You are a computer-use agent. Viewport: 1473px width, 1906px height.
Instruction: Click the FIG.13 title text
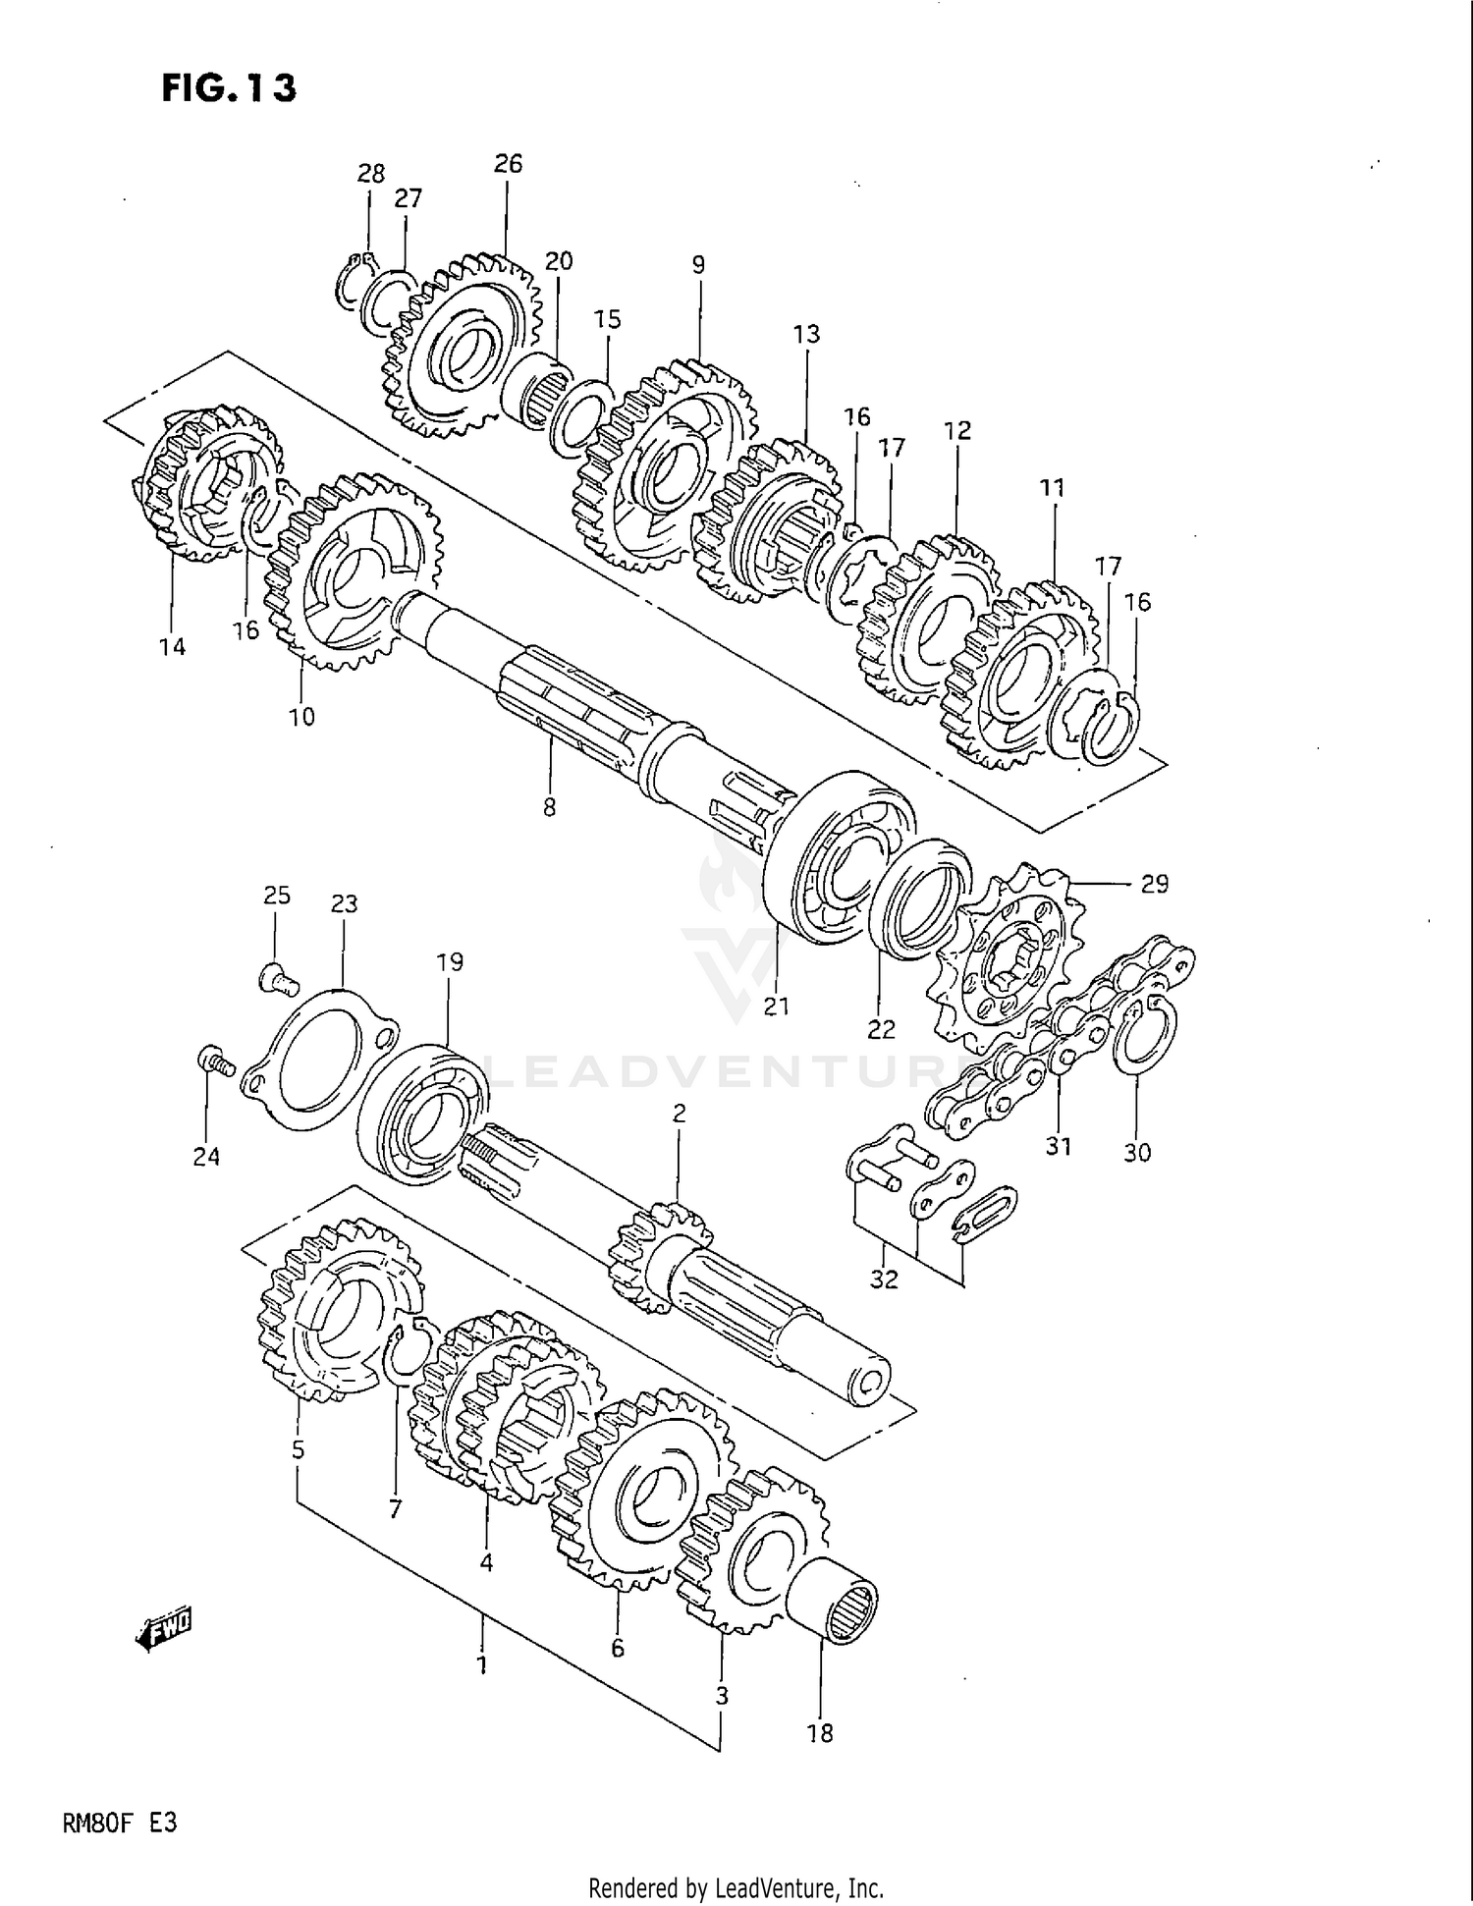(x=228, y=88)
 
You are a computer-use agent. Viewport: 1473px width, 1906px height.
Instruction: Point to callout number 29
(x=1154, y=884)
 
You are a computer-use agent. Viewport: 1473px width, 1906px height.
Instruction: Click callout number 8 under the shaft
(x=549, y=807)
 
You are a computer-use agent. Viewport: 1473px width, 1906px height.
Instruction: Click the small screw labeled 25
(x=278, y=977)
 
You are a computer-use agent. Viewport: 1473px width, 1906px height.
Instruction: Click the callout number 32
(x=884, y=1279)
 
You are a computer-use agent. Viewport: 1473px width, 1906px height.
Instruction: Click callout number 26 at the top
(x=508, y=164)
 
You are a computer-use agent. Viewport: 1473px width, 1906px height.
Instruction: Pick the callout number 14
(x=172, y=646)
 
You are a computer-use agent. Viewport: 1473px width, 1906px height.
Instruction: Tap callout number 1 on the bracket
(x=482, y=1665)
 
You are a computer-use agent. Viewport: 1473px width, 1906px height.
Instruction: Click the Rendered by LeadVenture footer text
(x=736, y=1887)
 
